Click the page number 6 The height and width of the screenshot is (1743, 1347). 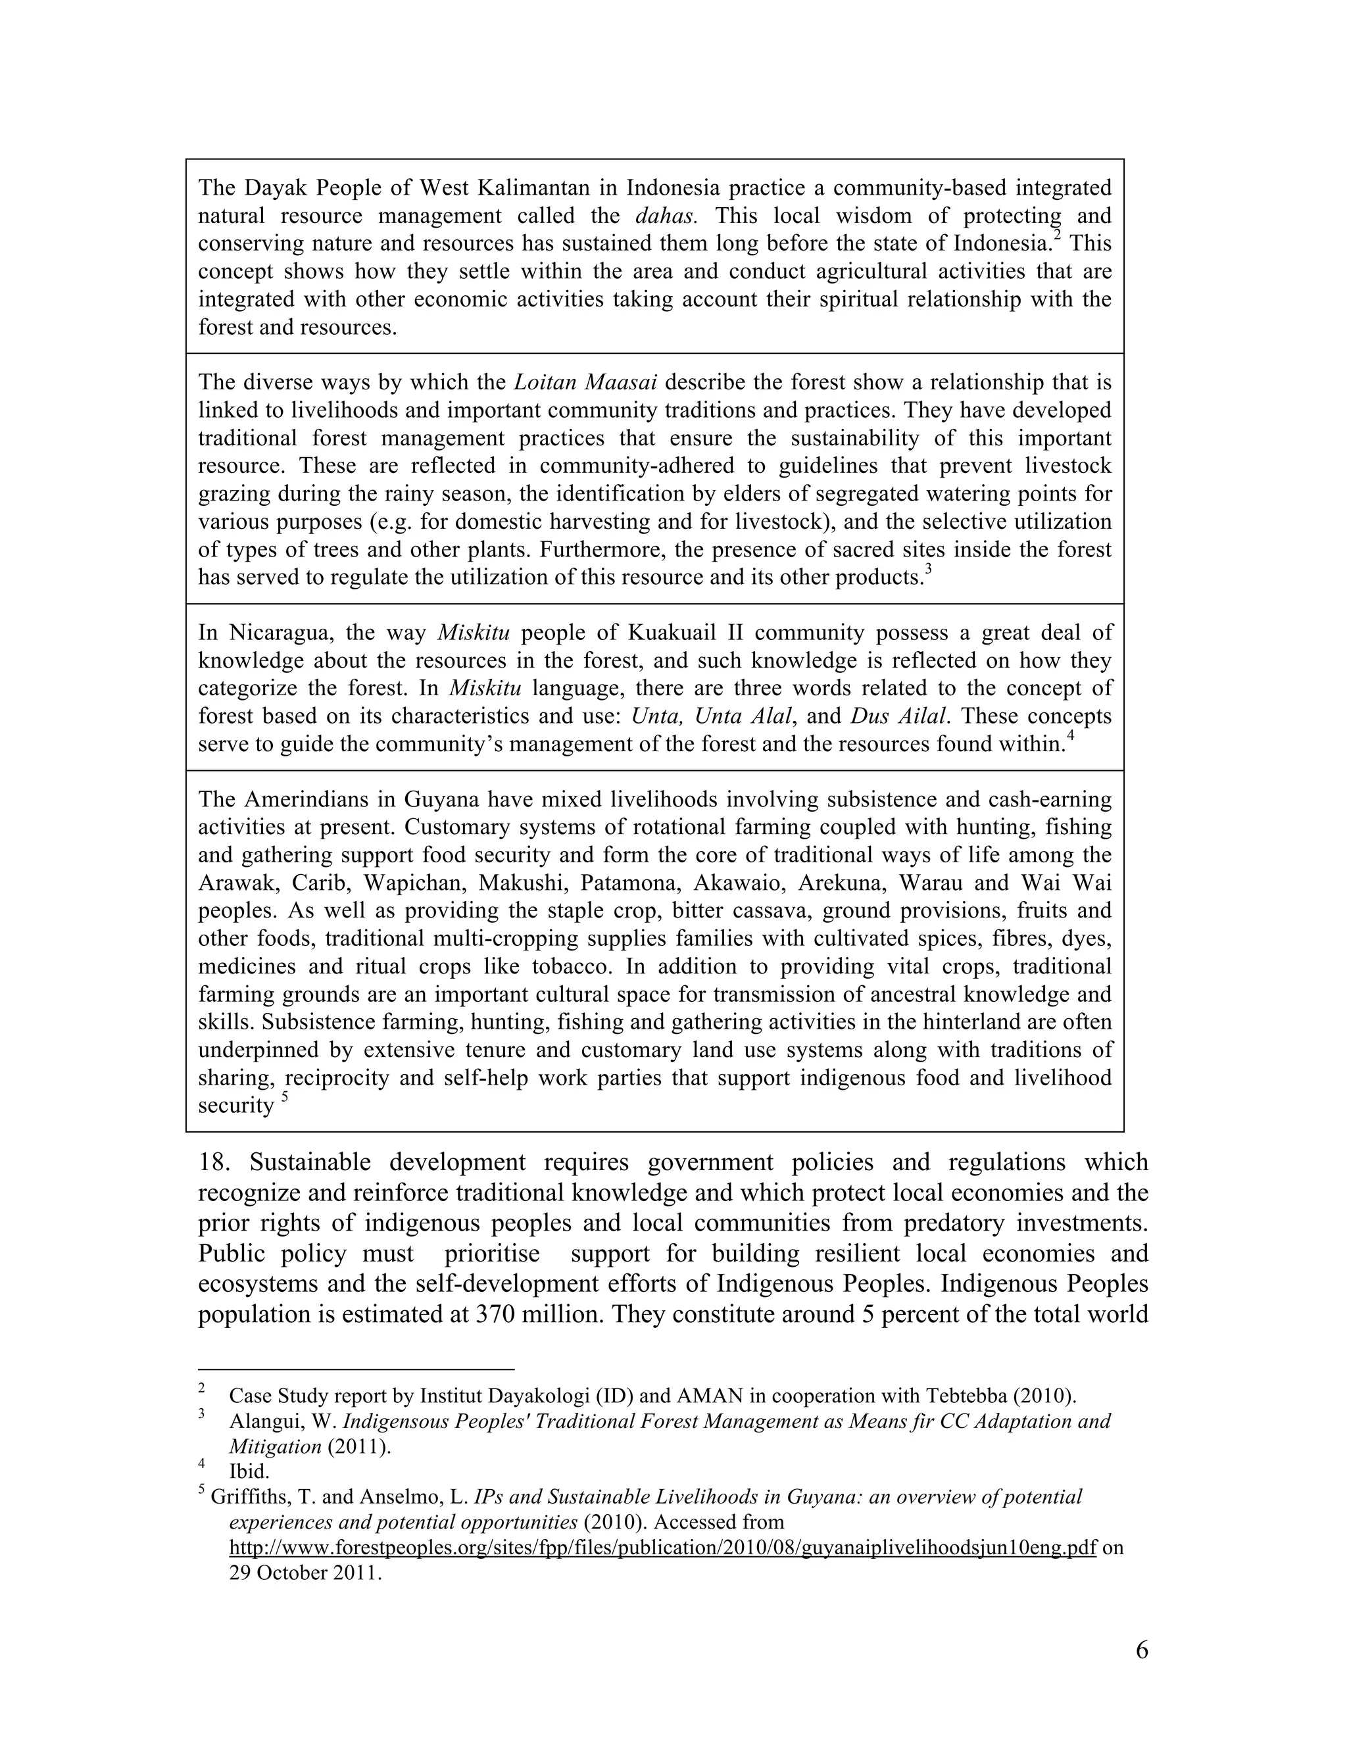(1141, 1650)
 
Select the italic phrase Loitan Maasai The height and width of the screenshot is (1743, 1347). (585, 383)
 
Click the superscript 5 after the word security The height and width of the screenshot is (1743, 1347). (284, 1098)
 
